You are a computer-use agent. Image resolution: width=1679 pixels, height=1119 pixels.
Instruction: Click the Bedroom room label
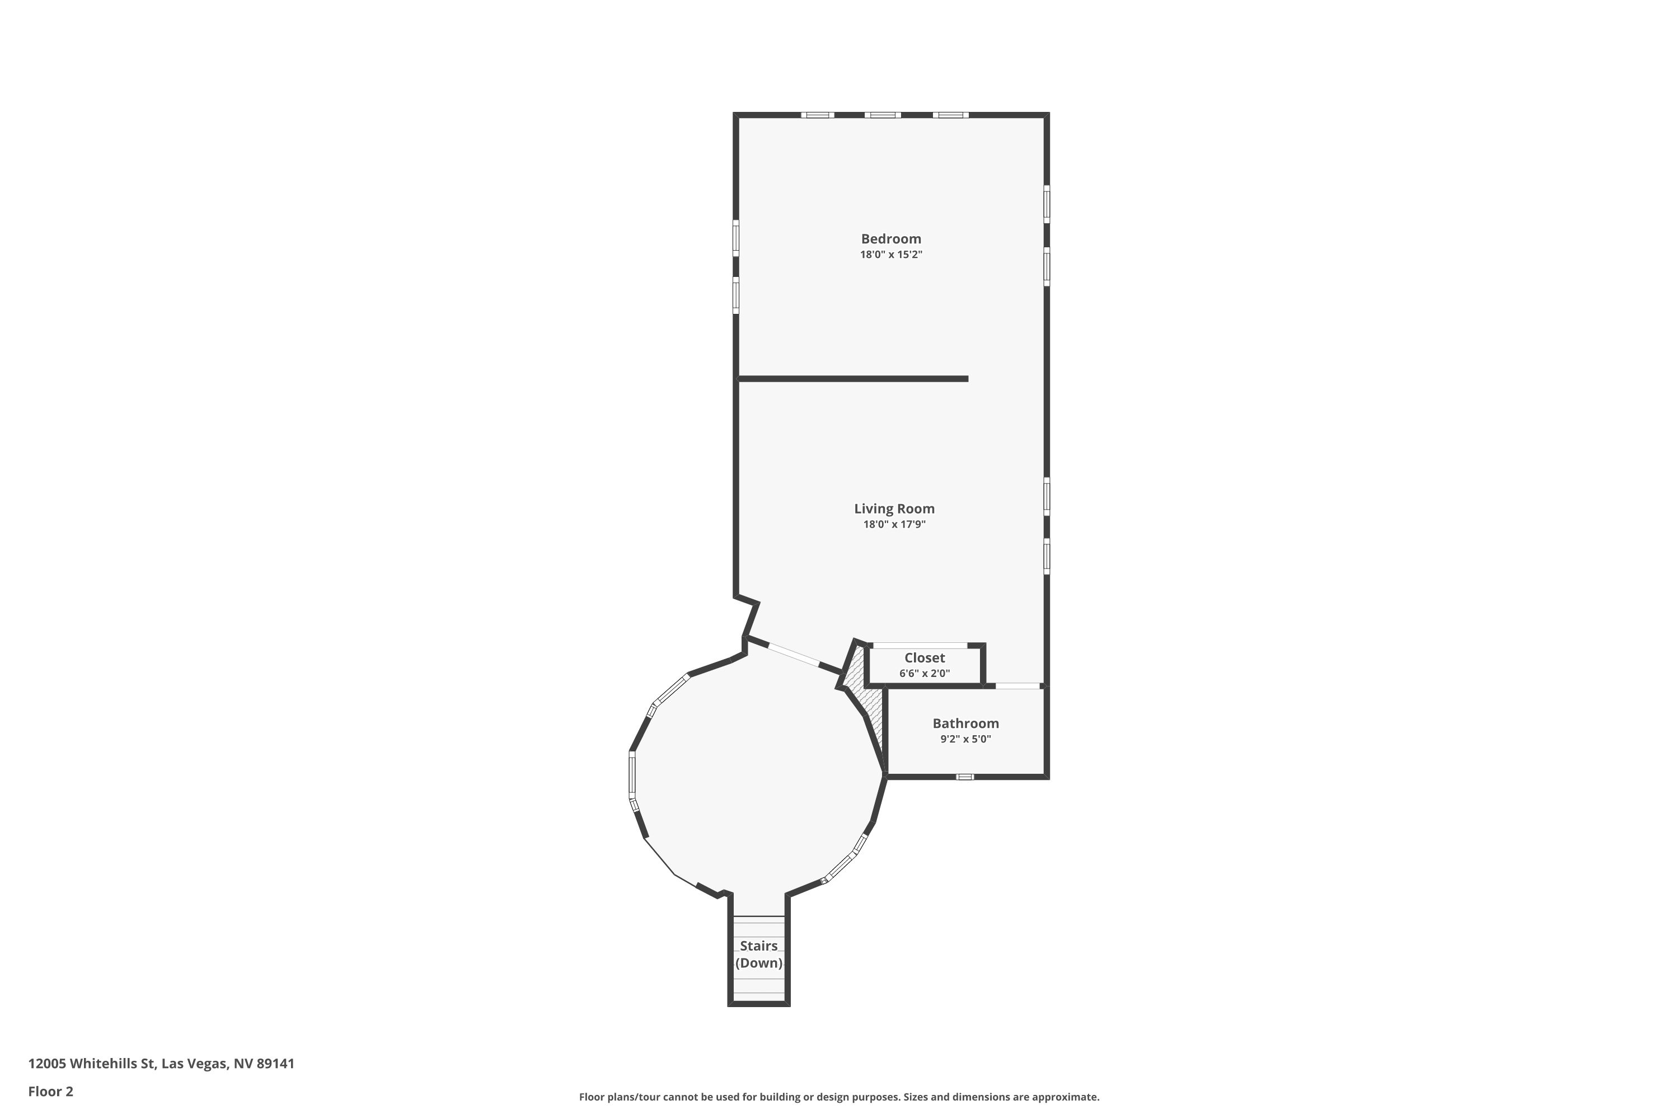(x=890, y=239)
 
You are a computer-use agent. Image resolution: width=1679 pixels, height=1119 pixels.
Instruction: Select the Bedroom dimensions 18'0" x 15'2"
(x=890, y=255)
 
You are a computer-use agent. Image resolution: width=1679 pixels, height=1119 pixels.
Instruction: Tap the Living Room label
(x=894, y=509)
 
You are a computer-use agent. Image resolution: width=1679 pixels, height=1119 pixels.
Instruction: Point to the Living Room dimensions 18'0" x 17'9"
(x=894, y=525)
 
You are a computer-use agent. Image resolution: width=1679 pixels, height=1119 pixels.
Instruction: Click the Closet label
(x=924, y=658)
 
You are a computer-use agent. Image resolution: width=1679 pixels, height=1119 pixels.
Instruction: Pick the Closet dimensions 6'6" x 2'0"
(x=924, y=674)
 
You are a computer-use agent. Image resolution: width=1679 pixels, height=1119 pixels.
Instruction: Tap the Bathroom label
(x=965, y=723)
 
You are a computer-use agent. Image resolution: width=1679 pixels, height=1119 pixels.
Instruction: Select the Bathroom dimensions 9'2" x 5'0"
(x=965, y=739)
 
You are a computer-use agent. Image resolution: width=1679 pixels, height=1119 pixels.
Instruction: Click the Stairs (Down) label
(x=758, y=954)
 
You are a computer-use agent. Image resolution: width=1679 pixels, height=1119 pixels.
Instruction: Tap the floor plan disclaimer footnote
(x=839, y=1097)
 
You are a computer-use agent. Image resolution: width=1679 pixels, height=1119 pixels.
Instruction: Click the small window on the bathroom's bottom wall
(x=964, y=777)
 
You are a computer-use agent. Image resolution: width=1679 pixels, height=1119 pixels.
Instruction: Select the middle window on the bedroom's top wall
(x=883, y=115)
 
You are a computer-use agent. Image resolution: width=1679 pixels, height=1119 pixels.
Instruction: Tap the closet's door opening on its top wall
(x=920, y=646)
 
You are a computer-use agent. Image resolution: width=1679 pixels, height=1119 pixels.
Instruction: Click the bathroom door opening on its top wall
(x=1017, y=686)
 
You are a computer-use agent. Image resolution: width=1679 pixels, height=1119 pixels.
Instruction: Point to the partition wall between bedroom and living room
(x=853, y=379)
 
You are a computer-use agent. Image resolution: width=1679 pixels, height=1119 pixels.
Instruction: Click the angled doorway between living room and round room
(x=793, y=655)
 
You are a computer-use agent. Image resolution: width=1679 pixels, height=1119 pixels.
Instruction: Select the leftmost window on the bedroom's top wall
(x=817, y=115)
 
